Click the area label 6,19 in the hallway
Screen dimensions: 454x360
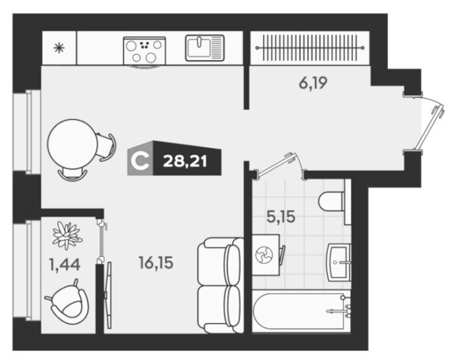(313, 83)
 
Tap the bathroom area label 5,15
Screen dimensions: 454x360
(281, 217)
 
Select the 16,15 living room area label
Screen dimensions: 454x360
(156, 263)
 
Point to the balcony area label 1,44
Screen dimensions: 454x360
(64, 265)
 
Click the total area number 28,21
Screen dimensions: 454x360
(185, 161)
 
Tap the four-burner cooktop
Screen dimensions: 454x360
(145, 51)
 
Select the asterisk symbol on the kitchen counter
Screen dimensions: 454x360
(60, 48)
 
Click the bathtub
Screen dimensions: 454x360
(301, 311)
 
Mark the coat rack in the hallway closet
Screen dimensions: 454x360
(310, 48)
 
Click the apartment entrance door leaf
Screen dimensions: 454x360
(428, 128)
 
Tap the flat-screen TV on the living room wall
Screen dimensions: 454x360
(109, 295)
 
